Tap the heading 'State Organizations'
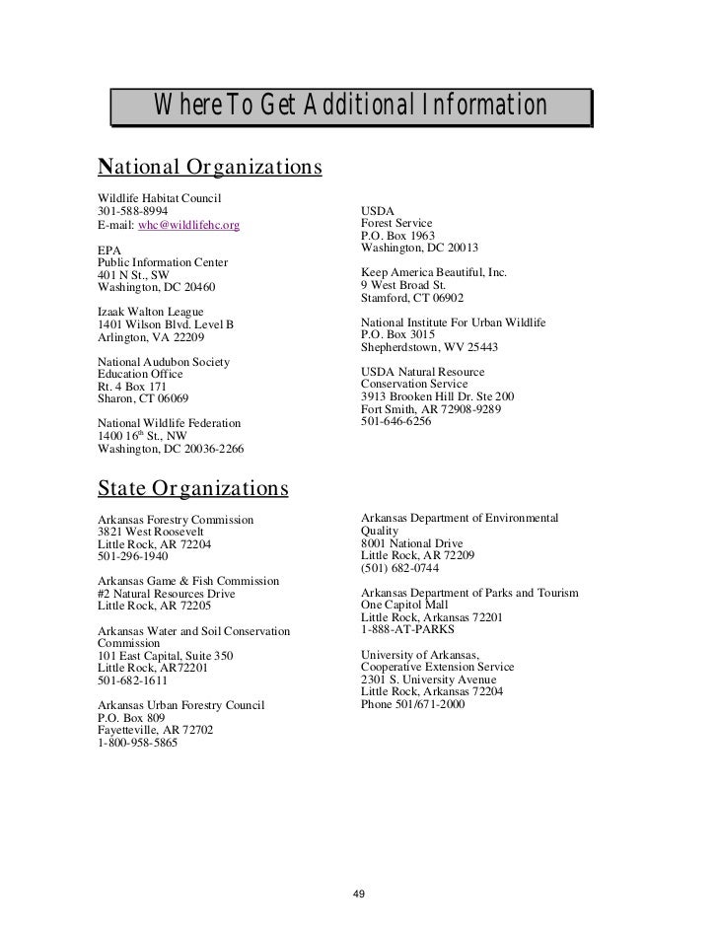click(x=193, y=487)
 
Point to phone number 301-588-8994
click(x=133, y=211)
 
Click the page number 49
click(x=359, y=894)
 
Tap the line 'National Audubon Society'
click(x=164, y=362)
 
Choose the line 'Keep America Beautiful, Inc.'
click(x=434, y=271)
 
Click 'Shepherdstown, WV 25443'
click(x=430, y=347)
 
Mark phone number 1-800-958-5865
click(x=138, y=744)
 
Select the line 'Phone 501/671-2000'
click(x=417, y=705)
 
